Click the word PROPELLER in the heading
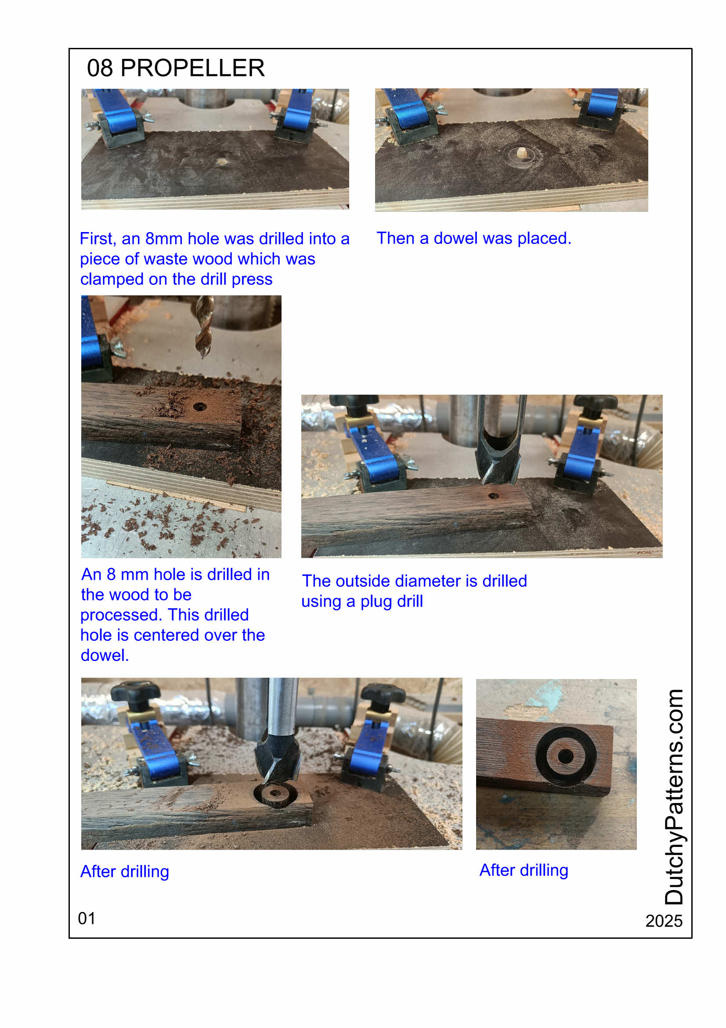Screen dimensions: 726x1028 click(x=193, y=68)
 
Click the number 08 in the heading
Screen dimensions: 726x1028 click(x=100, y=68)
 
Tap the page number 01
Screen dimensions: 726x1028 click(x=87, y=918)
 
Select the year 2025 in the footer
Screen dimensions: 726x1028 click(x=663, y=921)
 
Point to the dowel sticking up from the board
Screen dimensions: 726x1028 click(x=521, y=153)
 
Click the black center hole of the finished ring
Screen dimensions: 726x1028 click(x=565, y=756)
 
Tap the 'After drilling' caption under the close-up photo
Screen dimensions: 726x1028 click(x=524, y=870)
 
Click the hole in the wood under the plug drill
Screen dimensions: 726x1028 click(x=493, y=496)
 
